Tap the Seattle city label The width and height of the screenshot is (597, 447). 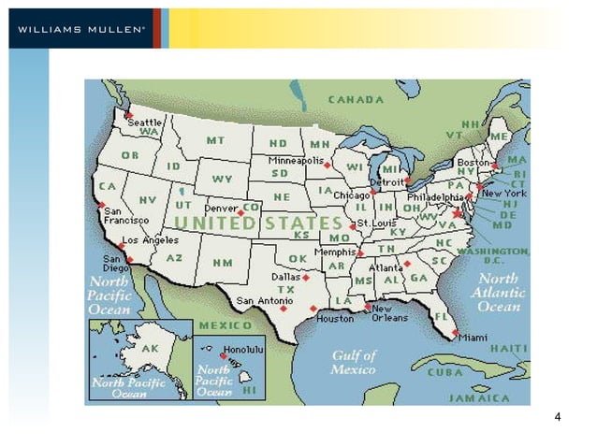pyautogui.click(x=146, y=123)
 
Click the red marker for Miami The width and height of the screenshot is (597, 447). pyautogui.click(x=456, y=332)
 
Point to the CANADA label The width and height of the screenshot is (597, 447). pyautogui.click(x=355, y=99)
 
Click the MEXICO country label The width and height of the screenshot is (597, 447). pyautogui.click(x=225, y=325)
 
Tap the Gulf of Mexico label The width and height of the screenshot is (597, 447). pyautogui.click(x=354, y=362)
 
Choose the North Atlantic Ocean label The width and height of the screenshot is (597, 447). pyautogui.click(x=499, y=293)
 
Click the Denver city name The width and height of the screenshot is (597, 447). pyautogui.click(x=222, y=208)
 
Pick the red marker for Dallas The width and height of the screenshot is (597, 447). pyautogui.click(x=306, y=278)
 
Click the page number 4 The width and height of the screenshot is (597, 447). pyautogui.click(x=558, y=416)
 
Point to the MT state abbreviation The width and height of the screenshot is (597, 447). pyautogui.click(x=215, y=140)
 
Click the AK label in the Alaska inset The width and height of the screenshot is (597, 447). pyautogui.click(x=150, y=348)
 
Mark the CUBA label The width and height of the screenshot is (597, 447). pyautogui.click(x=445, y=370)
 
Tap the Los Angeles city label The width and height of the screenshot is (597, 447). pyautogui.click(x=151, y=240)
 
